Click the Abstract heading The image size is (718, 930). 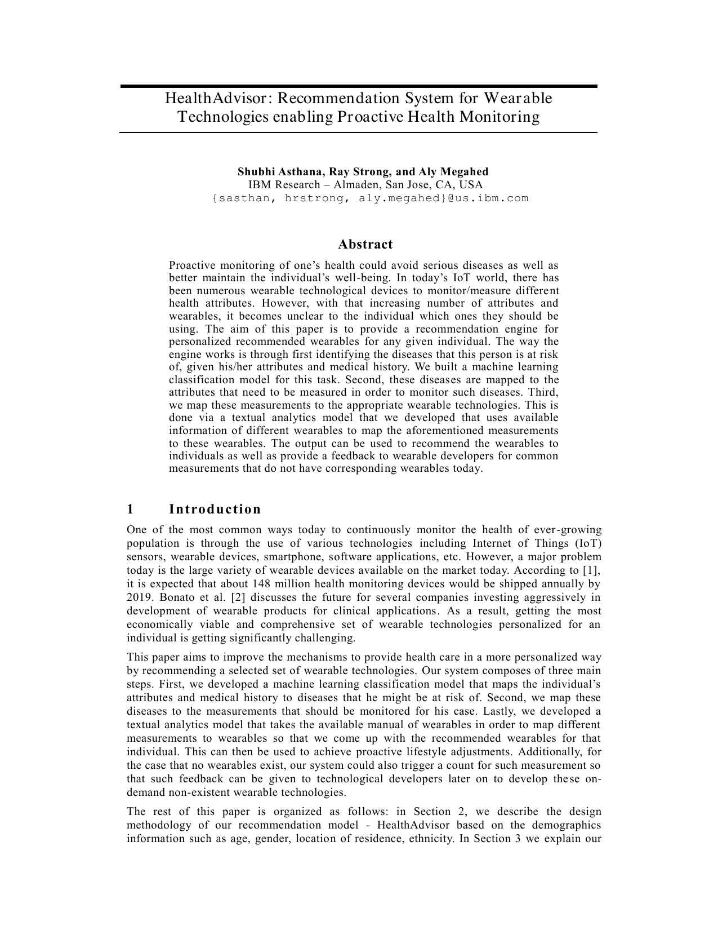click(365, 244)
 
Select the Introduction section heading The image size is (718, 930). click(215, 509)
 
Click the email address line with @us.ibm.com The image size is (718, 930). click(370, 198)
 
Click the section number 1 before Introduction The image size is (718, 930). click(130, 509)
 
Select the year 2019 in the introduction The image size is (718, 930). click(139, 597)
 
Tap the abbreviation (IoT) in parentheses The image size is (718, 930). click(588, 543)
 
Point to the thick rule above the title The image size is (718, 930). click(358, 86)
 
